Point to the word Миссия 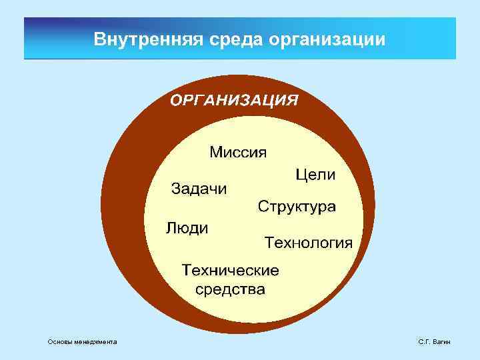238,152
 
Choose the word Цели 316,175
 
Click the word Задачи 199,189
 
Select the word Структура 297,205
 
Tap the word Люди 187,228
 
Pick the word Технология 309,241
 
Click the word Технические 231,271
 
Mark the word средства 230,289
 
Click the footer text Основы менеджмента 82,342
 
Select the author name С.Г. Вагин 435,342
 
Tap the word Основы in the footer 60,342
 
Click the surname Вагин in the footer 441,342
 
